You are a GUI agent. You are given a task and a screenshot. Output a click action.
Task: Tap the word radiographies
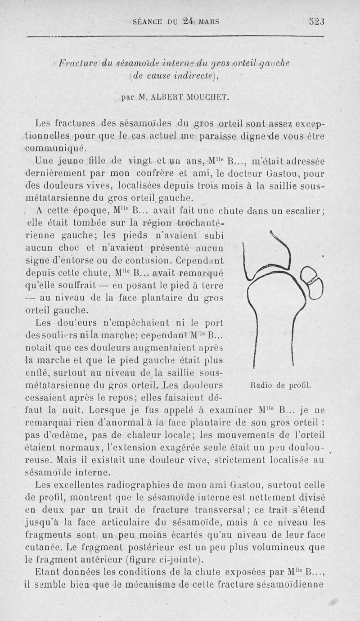[126, 485]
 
